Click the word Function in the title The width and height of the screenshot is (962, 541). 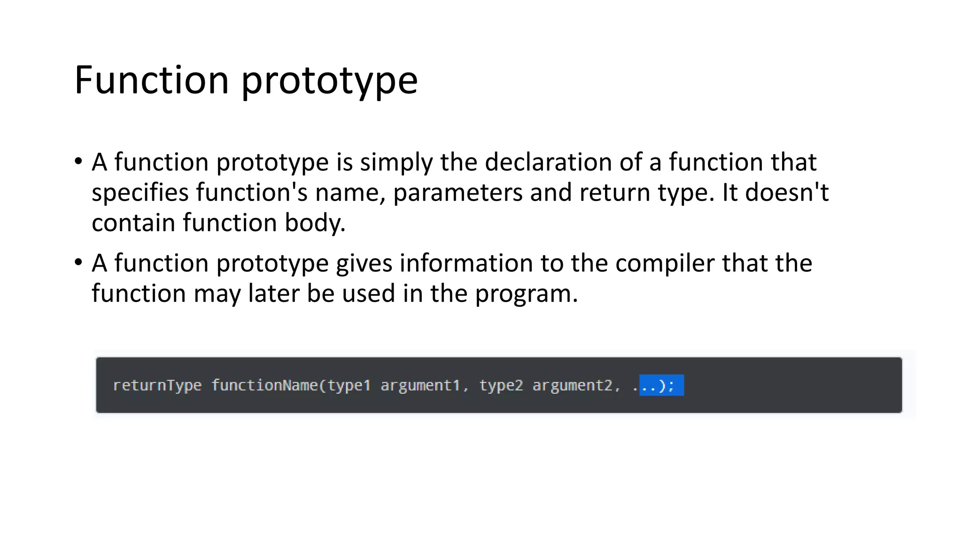click(x=151, y=80)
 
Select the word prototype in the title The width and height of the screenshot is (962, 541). click(x=329, y=81)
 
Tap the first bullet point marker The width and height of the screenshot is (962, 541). click(x=78, y=162)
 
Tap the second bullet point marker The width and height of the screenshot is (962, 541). click(x=78, y=263)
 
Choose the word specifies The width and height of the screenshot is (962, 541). click(x=140, y=193)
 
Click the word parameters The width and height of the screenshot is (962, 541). click(x=458, y=193)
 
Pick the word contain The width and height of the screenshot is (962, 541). click(x=133, y=223)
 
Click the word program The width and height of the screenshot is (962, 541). click(x=526, y=294)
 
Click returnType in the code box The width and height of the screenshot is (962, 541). click(x=157, y=386)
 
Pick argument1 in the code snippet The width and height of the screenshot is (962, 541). click(x=420, y=386)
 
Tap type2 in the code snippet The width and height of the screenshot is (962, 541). click(x=501, y=386)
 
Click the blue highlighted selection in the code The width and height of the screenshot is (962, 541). click(x=661, y=386)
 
